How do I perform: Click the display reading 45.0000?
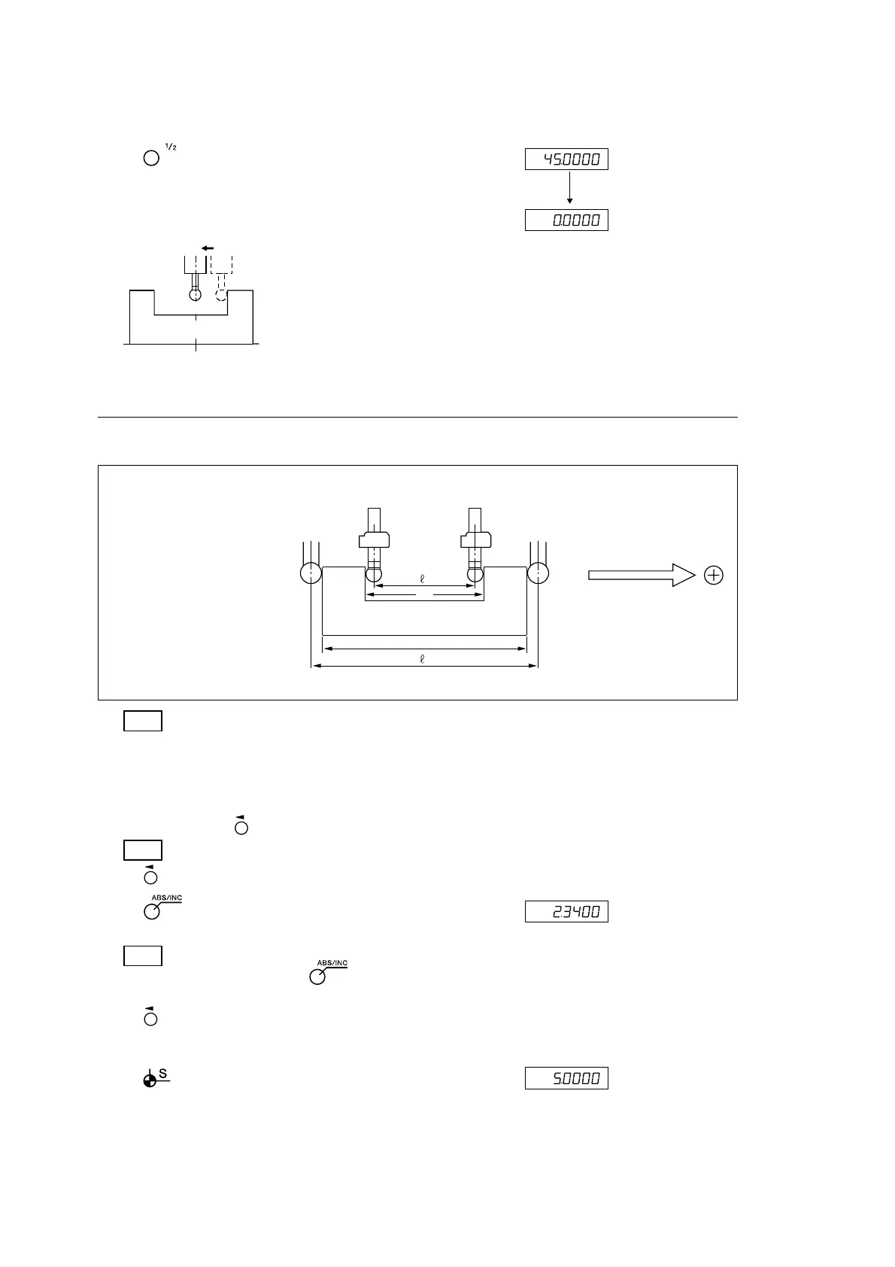[x=566, y=160]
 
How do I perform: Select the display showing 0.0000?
[x=566, y=220]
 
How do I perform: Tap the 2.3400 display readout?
[x=566, y=912]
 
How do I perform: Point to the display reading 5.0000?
[x=566, y=1078]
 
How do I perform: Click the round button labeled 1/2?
[x=151, y=159]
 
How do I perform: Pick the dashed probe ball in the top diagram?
[x=221, y=295]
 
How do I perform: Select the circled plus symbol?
[x=713, y=576]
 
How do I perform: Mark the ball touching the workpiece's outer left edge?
[x=311, y=574]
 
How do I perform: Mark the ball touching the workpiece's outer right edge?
[x=538, y=574]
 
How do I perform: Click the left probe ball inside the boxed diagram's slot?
[x=374, y=574]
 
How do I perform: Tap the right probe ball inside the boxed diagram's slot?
[x=475, y=574]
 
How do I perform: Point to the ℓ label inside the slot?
[x=423, y=579]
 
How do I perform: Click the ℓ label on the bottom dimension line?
[x=423, y=659]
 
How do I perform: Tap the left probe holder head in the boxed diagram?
[x=374, y=539]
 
